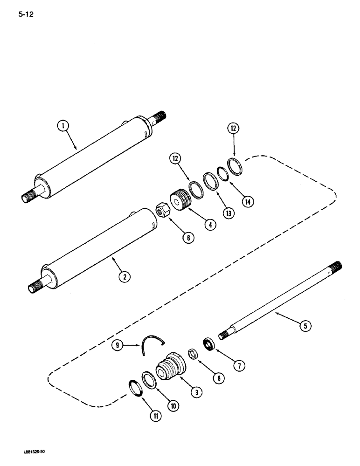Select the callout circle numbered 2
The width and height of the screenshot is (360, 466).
[x=124, y=277]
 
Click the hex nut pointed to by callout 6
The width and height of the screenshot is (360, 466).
[x=162, y=210]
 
